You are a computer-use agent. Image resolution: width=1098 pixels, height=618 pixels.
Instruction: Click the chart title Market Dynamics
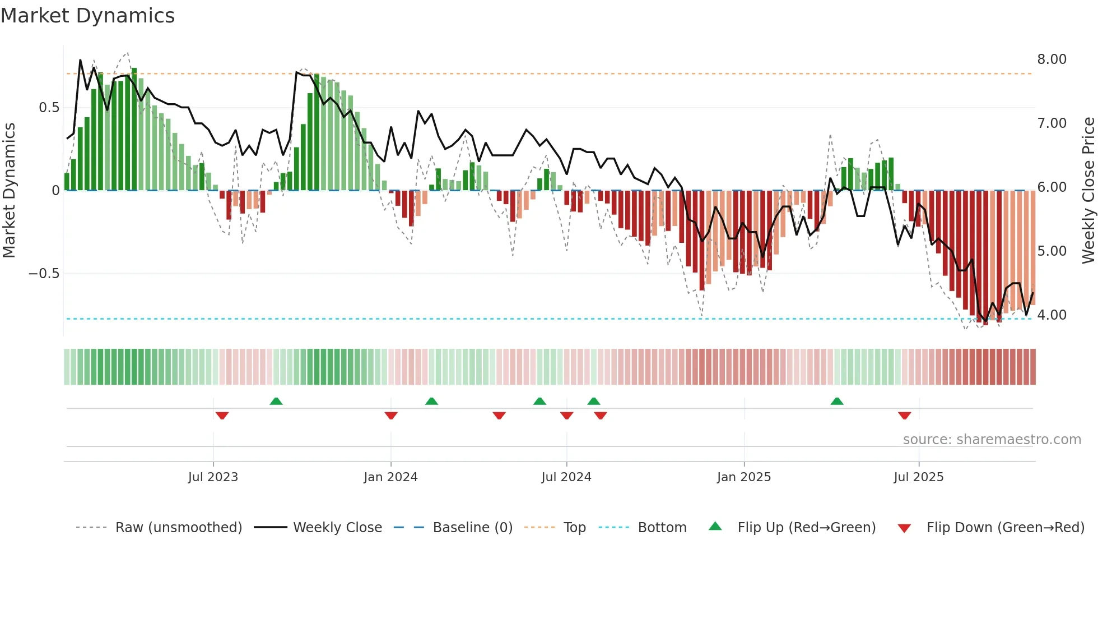(87, 16)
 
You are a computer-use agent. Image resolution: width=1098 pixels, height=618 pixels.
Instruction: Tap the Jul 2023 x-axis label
(213, 477)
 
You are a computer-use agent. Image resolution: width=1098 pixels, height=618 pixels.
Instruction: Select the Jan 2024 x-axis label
(390, 477)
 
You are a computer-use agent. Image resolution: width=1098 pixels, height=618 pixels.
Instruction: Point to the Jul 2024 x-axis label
(566, 477)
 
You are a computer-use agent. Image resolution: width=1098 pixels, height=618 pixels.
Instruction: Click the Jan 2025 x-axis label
(744, 477)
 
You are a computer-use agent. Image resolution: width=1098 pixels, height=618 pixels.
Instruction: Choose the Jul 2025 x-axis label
(919, 477)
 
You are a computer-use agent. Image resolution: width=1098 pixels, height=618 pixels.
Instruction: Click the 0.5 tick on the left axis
(49, 108)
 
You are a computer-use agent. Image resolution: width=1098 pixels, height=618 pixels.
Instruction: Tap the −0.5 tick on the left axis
(44, 274)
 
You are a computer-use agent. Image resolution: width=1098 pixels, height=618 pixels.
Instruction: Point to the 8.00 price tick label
(1052, 59)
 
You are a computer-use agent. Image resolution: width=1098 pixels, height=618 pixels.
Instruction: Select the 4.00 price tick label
(1052, 315)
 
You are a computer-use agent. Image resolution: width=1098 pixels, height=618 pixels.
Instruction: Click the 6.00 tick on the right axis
(1052, 187)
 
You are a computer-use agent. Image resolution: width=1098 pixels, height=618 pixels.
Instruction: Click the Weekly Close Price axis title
(1088, 191)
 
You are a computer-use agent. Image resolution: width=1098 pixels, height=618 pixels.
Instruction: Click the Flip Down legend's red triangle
(904, 528)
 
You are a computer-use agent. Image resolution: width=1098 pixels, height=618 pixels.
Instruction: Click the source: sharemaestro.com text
(992, 440)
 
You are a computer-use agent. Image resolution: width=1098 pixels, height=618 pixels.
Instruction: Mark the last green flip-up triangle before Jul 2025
(837, 402)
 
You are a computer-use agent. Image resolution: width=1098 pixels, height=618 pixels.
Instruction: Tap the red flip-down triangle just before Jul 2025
(904, 416)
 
